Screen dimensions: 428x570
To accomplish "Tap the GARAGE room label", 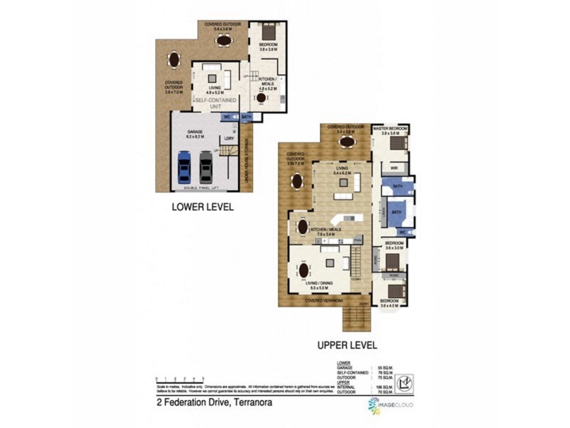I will point(195,132).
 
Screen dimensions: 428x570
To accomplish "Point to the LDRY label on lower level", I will point(229,138).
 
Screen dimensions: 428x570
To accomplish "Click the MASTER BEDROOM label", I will point(390,128).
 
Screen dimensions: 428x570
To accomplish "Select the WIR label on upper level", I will point(393,168).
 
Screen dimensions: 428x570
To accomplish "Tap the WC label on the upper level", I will point(401,232).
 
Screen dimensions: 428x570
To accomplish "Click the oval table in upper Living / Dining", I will point(305,271).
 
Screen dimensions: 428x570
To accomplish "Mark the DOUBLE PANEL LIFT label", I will point(202,188).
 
